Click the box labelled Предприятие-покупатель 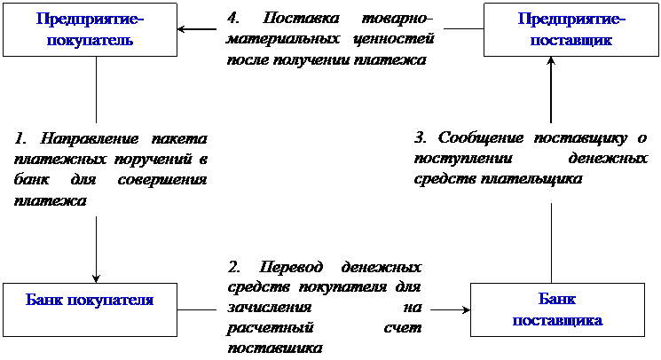tap(90, 30)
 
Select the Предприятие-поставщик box tap(571, 30)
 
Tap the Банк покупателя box tap(90, 309)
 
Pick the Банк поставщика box tap(557, 309)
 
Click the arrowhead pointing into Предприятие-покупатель tap(181, 29)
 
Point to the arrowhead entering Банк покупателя tap(96, 278)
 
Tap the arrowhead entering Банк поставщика tap(466, 309)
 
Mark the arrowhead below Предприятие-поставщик tap(551, 61)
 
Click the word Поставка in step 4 tap(301, 18)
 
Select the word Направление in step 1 tap(89, 138)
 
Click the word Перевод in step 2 tap(291, 267)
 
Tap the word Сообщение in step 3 tap(481, 137)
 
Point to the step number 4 tap(232, 18)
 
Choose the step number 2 tap(233, 267)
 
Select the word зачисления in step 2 tap(270, 308)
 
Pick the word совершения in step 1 tap(162, 180)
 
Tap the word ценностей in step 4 tap(394, 39)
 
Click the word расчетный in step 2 tap(271, 328)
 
